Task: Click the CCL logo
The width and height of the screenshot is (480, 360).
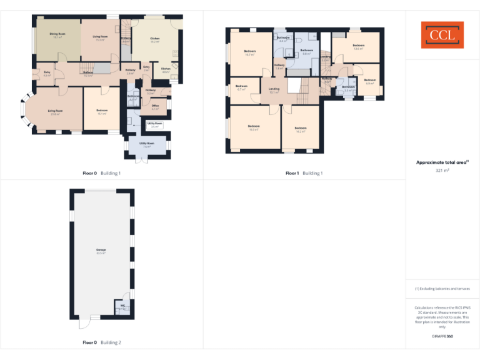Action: pyautogui.click(x=442, y=35)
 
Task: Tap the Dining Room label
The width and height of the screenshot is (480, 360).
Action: pyautogui.click(x=57, y=36)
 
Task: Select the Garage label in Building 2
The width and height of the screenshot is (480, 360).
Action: pyautogui.click(x=101, y=251)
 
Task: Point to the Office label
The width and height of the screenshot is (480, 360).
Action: pyautogui.click(x=155, y=107)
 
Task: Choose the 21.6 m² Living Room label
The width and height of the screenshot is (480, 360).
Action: pyautogui.click(x=55, y=112)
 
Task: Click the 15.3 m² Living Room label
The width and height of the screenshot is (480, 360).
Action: pyautogui.click(x=99, y=38)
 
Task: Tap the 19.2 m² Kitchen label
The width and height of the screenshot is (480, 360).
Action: pyautogui.click(x=155, y=40)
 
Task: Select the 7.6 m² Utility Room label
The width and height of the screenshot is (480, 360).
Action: pyautogui.click(x=147, y=145)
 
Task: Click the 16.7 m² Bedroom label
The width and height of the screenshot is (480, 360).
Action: pyautogui.click(x=249, y=53)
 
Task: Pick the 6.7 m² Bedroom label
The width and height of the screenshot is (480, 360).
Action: pyautogui.click(x=241, y=87)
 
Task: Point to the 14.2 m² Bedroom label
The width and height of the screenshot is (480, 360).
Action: pyautogui.click(x=301, y=130)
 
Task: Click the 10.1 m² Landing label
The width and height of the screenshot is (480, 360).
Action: pyautogui.click(x=274, y=90)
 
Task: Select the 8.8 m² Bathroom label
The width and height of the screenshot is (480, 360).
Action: pyautogui.click(x=306, y=52)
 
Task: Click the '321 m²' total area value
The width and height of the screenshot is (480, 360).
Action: pyautogui.click(x=442, y=170)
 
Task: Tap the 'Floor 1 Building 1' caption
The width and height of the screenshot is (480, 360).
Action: pyautogui.click(x=304, y=173)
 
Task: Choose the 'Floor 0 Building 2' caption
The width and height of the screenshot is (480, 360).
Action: pyautogui.click(x=101, y=342)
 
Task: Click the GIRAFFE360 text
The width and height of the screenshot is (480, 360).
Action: pyautogui.click(x=442, y=336)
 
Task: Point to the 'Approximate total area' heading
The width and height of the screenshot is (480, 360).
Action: pyautogui.click(x=441, y=162)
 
